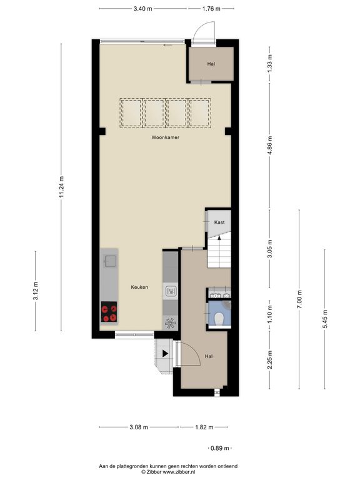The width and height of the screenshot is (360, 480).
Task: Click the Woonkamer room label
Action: pyautogui.click(x=165, y=137)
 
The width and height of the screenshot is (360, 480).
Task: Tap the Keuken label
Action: pyautogui.click(x=139, y=287)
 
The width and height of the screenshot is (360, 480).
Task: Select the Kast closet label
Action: pyautogui.click(x=219, y=222)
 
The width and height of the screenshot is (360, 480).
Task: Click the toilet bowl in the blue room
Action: pyautogui.click(x=219, y=319)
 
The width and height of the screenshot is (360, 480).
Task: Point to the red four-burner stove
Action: pyautogui.click(x=109, y=312)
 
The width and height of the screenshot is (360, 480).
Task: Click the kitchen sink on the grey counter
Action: pyautogui.click(x=110, y=261)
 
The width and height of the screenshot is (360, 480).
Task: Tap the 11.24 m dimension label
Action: pyautogui.click(x=61, y=186)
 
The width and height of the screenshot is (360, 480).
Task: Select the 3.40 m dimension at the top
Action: pyautogui.click(x=142, y=9)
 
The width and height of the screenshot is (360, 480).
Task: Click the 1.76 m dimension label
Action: pyautogui.click(x=211, y=9)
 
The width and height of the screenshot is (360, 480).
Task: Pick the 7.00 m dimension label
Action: pyautogui.click(x=299, y=299)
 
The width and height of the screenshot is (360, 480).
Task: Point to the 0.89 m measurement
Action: pyautogui.click(x=220, y=448)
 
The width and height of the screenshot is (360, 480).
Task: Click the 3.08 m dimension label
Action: pyautogui.click(x=139, y=427)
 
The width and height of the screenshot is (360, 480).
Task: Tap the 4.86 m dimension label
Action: pyautogui.click(x=270, y=146)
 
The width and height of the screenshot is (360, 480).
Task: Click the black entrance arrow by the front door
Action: pyautogui.click(x=165, y=354)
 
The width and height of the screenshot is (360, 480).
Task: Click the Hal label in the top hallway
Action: pyautogui.click(x=211, y=64)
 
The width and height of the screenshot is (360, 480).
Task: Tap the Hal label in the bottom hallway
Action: pyautogui.click(x=209, y=356)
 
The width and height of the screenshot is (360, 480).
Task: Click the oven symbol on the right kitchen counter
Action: pyautogui.click(x=171, y=291)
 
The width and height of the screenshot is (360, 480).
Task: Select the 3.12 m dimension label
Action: pyautogui.click(x=36, y=291)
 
